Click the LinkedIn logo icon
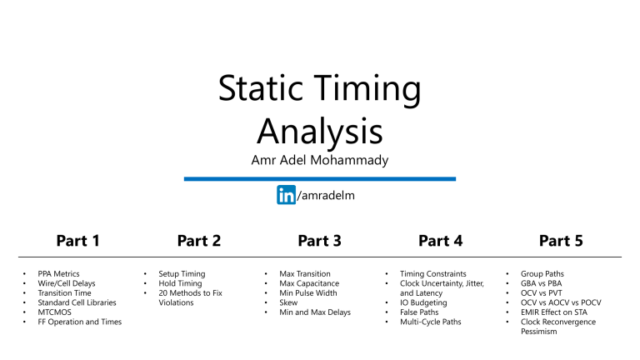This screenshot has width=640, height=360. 286,195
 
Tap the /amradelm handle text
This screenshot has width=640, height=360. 320,195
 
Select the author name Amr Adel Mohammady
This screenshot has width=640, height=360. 319,159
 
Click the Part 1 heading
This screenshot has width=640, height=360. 77,241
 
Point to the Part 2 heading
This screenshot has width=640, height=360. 198,241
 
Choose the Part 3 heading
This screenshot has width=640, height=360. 319,241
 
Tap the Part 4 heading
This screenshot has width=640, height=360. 440,241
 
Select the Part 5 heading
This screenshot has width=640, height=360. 561,241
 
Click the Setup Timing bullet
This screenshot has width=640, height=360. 181,273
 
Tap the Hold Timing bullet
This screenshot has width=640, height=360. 179,283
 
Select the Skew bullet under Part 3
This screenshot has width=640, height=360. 290,302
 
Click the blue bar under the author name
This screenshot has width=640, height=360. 319,178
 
